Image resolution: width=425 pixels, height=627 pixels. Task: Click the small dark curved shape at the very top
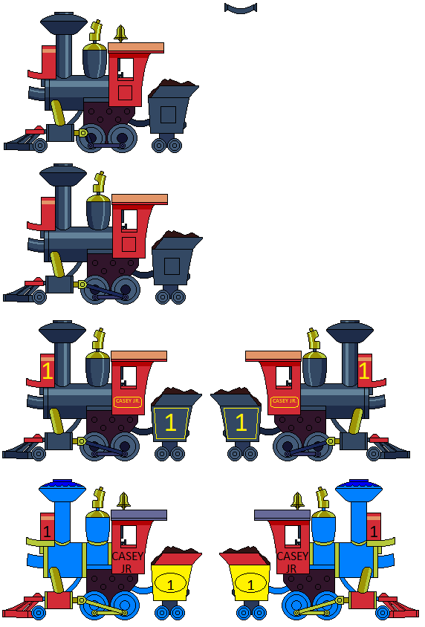[x=240, y=8]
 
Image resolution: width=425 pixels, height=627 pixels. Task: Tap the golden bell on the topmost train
[x=120, y=34]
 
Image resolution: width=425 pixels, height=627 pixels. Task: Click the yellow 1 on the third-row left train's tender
[x=170, y=423]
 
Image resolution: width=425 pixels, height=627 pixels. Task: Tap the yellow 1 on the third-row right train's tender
[x=240, y=423]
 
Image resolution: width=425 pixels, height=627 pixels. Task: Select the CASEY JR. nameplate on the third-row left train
[x=127, y=401]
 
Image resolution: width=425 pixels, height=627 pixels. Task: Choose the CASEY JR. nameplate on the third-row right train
[x=283, y=401]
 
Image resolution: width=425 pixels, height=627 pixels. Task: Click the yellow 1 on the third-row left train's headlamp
[x=48, y=370]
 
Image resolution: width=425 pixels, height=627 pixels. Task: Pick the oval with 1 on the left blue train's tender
[x=170, y=585]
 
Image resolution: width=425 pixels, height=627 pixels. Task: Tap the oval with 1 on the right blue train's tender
[x=250, y=585]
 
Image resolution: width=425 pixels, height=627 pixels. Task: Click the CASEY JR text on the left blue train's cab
[x=128, y=562]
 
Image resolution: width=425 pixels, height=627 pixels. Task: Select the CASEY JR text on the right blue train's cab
[x=292, y=562]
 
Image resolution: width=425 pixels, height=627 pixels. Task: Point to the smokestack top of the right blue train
[x=358, y=490]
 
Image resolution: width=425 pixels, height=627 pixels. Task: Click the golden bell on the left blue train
[x=124, y=501]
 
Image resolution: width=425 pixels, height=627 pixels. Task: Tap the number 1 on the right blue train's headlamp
[x=374, y=531]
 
